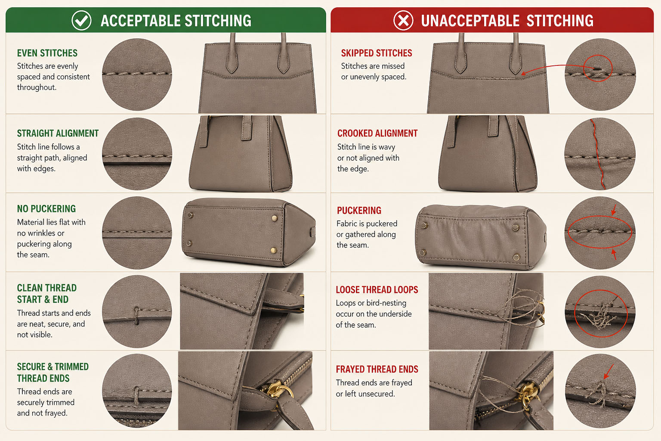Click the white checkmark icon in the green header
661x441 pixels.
81,20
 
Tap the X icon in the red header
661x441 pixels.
403,20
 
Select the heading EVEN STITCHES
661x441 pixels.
47,53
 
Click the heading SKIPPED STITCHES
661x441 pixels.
377,53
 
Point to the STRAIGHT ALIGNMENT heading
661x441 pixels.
58,134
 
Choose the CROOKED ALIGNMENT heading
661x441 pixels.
377,134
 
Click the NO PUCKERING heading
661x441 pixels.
46,209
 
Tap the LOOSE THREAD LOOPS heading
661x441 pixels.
377,290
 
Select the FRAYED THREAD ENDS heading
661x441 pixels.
377,369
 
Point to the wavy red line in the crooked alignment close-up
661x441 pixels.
597,154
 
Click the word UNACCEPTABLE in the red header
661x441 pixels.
470,21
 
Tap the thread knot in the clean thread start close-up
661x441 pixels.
136,316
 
